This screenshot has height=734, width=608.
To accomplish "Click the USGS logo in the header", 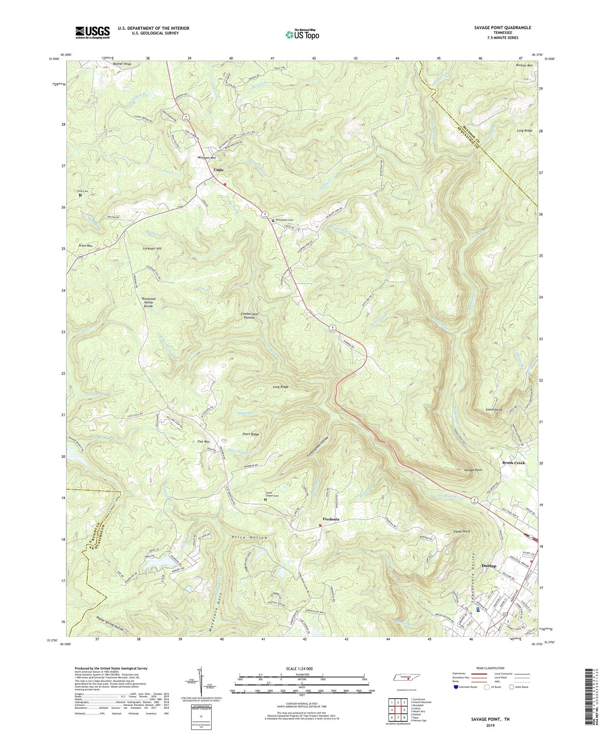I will [93, 32].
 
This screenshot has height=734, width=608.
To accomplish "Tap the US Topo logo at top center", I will [302, 34].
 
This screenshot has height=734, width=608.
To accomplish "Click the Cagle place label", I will [218, 170].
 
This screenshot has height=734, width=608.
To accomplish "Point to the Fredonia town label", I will [331, 519].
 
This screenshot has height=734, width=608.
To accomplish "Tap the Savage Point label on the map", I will [473, 470].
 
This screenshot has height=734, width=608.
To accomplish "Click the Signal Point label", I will [462, 531].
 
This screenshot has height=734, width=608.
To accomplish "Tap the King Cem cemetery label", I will [82, 191].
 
